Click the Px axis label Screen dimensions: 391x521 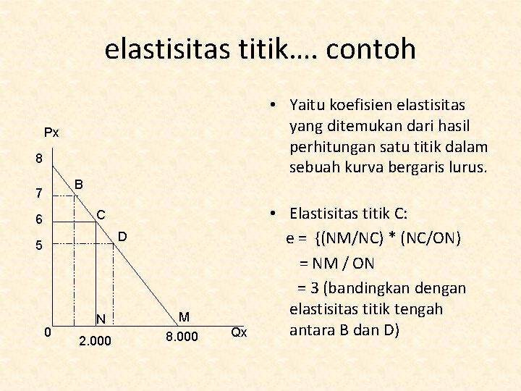(51, 133)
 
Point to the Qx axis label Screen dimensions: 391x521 (239, 332)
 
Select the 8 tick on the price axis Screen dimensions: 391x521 (40, 158)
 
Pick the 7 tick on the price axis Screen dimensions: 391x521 (40, 193)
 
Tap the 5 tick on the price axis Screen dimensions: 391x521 (40, 246)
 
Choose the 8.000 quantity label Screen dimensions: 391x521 (181, 337)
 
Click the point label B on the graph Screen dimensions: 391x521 (79, 185)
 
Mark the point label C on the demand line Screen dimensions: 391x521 (101, 214)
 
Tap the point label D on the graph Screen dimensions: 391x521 (122, 236)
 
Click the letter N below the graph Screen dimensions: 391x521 (101, 319)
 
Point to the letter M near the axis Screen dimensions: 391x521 (184, 316)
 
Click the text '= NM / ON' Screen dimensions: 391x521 (337, 264)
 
